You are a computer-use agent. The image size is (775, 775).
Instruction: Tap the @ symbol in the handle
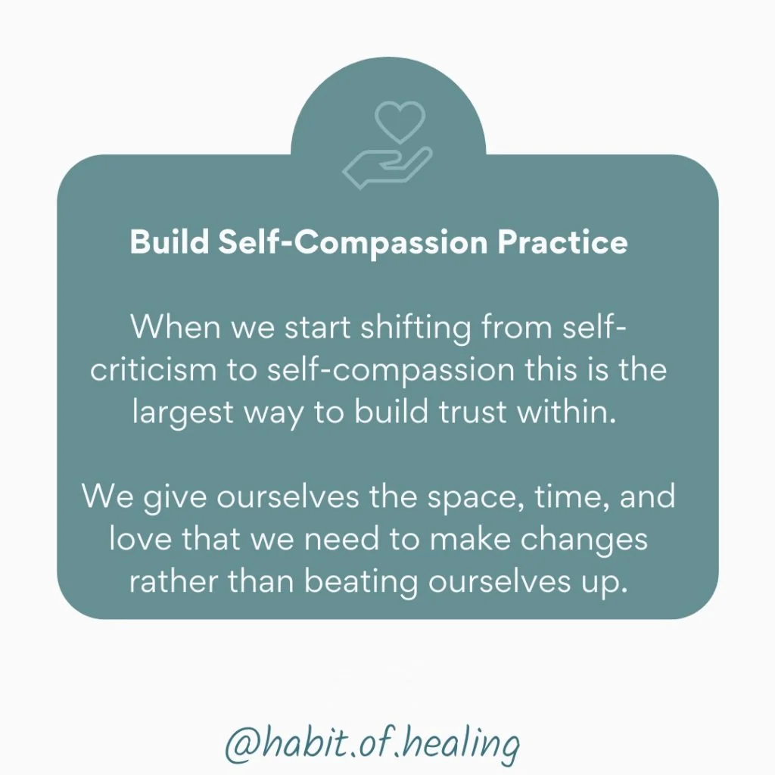click(241, 745)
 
